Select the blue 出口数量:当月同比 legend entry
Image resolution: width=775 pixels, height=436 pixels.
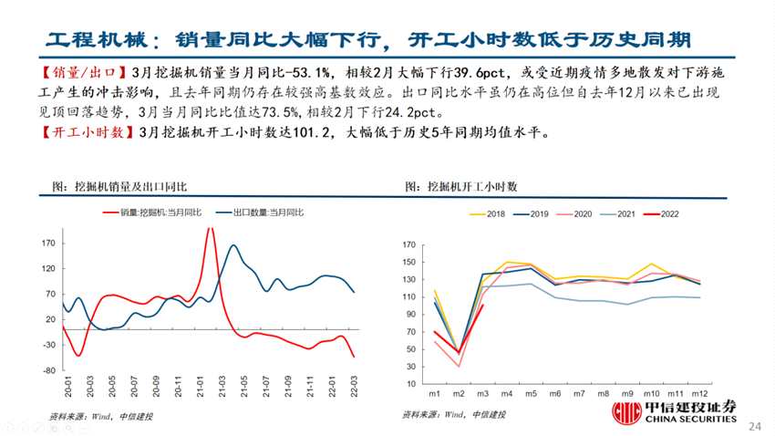coord(261,213)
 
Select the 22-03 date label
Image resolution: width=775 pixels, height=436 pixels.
coord(353,389)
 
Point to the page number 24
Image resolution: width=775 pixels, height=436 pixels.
coord(754,426)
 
